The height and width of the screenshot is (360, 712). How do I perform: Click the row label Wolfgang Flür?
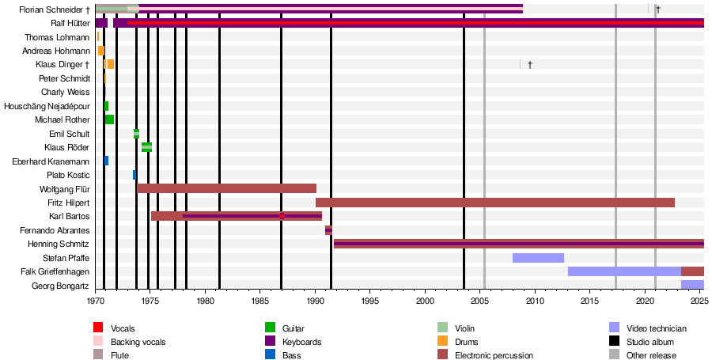tap(64, 189)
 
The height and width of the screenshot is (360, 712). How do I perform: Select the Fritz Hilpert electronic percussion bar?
tap(494, 203)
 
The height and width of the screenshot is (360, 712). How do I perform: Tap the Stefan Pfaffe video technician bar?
tap(538, 258)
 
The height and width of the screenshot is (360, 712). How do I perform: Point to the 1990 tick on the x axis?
tap(315, 293)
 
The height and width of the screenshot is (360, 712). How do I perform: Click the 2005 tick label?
tap(479, 301)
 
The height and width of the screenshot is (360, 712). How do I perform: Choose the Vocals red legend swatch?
tap(98, 328)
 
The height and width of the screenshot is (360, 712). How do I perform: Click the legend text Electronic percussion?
tap(494, 355)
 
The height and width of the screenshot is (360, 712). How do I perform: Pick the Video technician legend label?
tap(656, 328)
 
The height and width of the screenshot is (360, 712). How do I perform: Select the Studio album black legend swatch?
tap(614, 342)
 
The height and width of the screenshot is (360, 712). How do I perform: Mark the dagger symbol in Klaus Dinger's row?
tap(530, 64)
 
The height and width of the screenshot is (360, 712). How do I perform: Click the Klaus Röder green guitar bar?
tap(146, 147)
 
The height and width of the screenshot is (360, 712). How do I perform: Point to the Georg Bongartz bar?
tap(692, 285)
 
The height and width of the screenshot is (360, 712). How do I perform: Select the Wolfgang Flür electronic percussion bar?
tap(226, 188)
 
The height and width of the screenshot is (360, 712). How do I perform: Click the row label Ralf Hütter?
tap(70, 23)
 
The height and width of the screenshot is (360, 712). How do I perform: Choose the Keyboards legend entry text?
tap(302, 342)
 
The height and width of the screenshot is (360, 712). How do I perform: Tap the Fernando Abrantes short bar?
tap(328, 230)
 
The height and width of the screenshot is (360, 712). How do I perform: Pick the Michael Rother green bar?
tap(109, 119)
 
